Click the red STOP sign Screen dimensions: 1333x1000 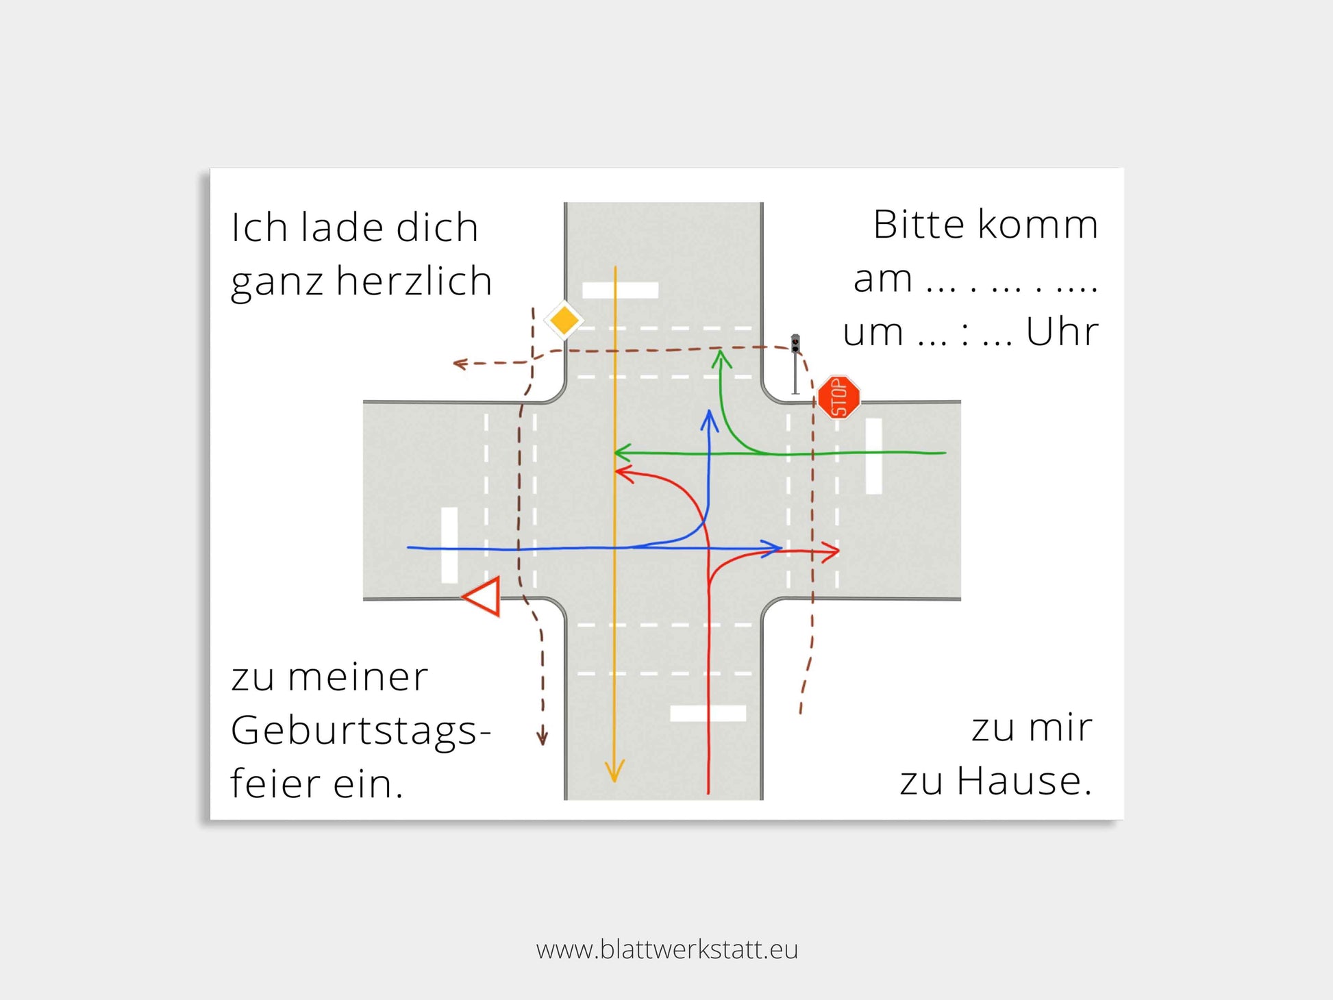839,397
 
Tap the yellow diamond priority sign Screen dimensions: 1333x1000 564,321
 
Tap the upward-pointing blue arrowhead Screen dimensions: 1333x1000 710,420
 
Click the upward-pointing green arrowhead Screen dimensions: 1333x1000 720,360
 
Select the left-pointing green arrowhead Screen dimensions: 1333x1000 623,453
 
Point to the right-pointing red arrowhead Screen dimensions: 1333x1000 830,551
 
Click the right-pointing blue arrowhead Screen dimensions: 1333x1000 773,548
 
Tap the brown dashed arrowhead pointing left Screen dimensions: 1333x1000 460,363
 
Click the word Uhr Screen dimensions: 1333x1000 1062,332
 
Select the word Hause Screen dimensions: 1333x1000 1023,781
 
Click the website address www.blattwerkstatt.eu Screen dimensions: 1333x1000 667,949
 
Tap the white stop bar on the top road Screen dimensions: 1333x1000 620,290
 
